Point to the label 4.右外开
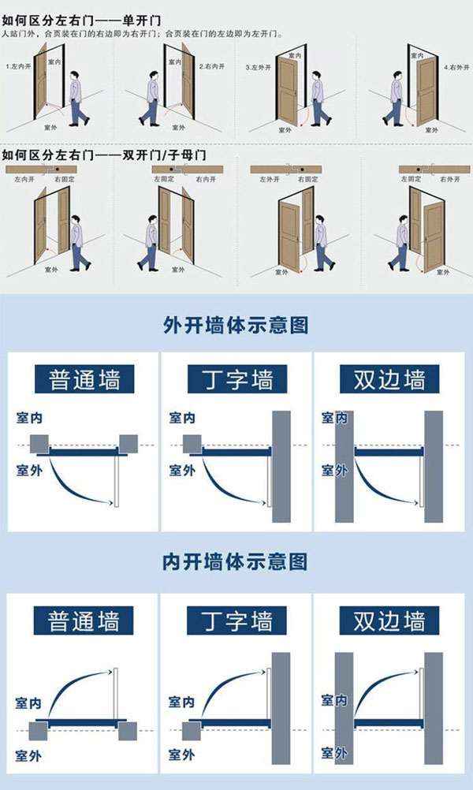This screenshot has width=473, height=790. pyautogui.click(x=455, y=67)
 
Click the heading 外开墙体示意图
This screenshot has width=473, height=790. pyautogui.click(x=235, y=325)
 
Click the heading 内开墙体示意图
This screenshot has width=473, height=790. pyautogui.click(x=235, y=562)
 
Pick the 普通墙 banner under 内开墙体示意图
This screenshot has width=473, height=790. pyautogui.click(x=84, y=619)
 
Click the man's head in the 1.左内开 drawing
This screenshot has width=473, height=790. pyautogui.click(x=75, y=76)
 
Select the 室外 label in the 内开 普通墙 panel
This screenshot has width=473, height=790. pyautogui.click(x=28, y=756)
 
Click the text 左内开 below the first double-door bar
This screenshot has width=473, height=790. pyautogui.click(x=24, y=180)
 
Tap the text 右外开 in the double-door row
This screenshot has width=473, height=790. pyautogui.click(x=449, y=180)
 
